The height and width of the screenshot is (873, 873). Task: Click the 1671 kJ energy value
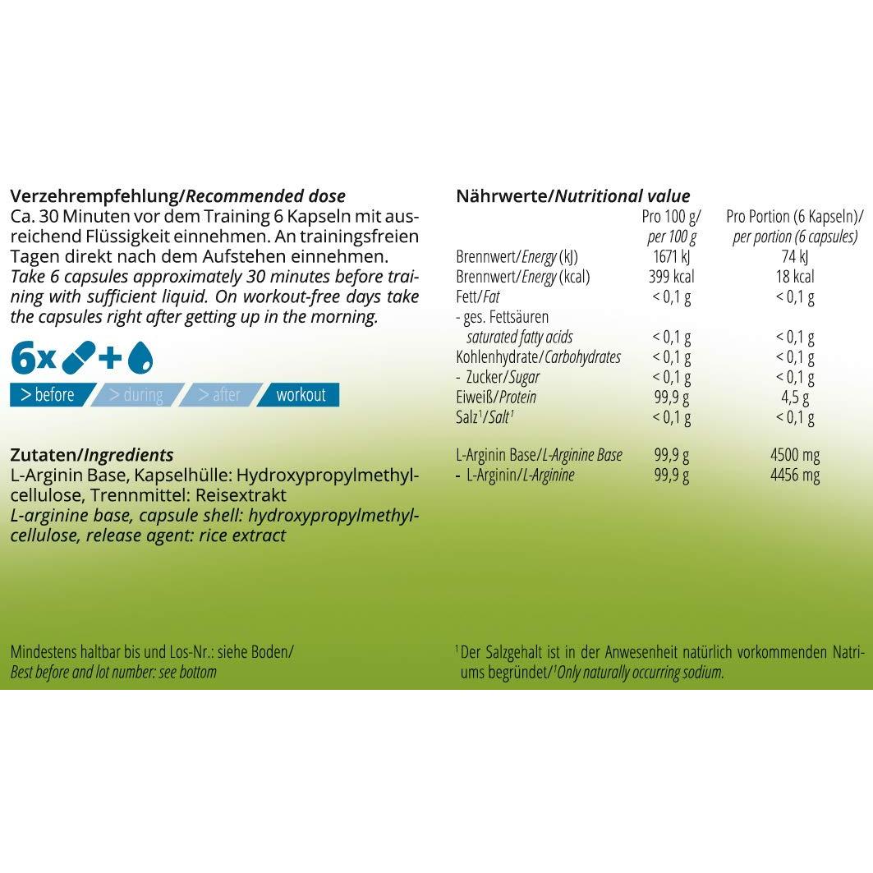click(x=671, y=257)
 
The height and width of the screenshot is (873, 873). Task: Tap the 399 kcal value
click(x=671, y=277)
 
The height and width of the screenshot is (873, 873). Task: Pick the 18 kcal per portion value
click(x=795, y=277)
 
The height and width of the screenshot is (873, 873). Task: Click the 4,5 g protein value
click(x=795, y=397)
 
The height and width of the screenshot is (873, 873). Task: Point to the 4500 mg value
click(x=795, y=455)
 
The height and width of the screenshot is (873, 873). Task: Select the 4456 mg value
click(x=795, y=476)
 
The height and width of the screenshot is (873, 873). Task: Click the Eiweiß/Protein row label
click(x=496, y=397)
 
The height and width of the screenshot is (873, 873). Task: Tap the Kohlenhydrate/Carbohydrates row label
click(x=538, y=357)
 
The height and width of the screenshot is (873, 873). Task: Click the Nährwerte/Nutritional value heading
click(x=572, y=196)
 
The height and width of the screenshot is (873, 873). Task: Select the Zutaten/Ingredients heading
click(x=91, y=455)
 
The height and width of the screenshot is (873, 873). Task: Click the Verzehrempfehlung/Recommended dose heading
click(x=177, y=196)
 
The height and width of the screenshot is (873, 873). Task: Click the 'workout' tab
click(x=301, y=395)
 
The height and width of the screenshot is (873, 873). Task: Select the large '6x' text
click(x=33, y=357)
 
